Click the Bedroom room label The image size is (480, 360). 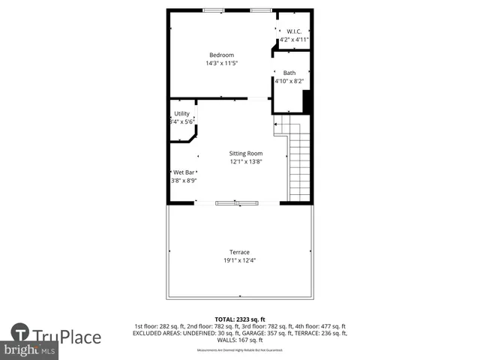point(221,55)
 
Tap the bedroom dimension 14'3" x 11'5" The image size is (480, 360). point(221,63)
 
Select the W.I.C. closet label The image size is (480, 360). point(294,31)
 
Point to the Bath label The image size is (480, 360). point(289,73)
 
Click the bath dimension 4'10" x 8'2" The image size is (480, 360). point(289,81)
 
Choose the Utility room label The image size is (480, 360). point(181,113)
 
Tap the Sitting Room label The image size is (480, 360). point(246,153)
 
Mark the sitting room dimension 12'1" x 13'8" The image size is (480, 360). point(246,161)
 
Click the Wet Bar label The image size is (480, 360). point(184,172)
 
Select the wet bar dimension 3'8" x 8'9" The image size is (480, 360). point(184,180)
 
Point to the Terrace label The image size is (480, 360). point(239,252)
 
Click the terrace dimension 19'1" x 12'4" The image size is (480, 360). point(239,260)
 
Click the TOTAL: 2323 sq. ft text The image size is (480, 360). point(240,319)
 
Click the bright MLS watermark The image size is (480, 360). point(30,350)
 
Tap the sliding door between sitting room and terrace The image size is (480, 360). point(237,202)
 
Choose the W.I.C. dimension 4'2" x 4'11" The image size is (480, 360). point(294,39)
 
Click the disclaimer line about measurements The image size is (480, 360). point(240,350)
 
